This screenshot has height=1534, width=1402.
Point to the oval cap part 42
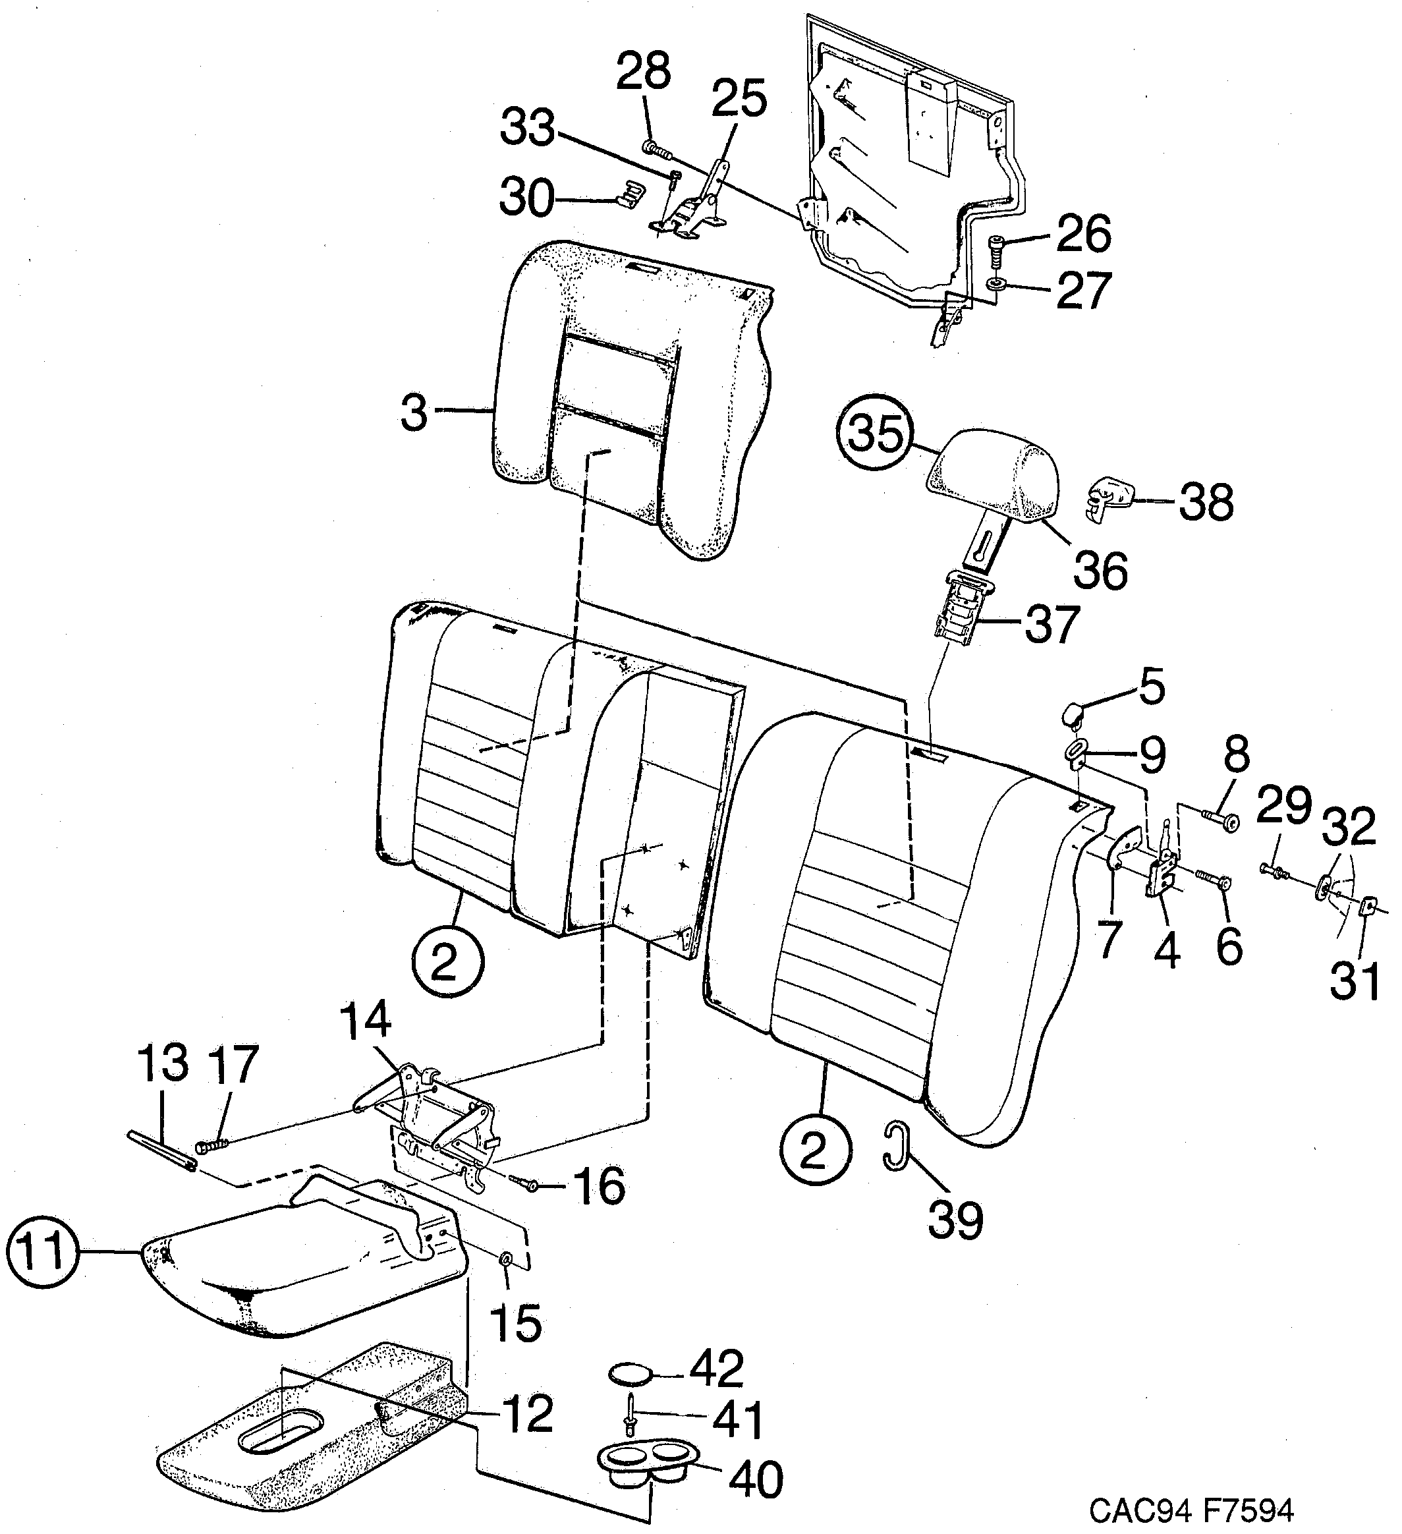tap(631, 1375)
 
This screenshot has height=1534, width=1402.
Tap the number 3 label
tap(414, 413)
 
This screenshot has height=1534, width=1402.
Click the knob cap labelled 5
tap(1072, 714)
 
